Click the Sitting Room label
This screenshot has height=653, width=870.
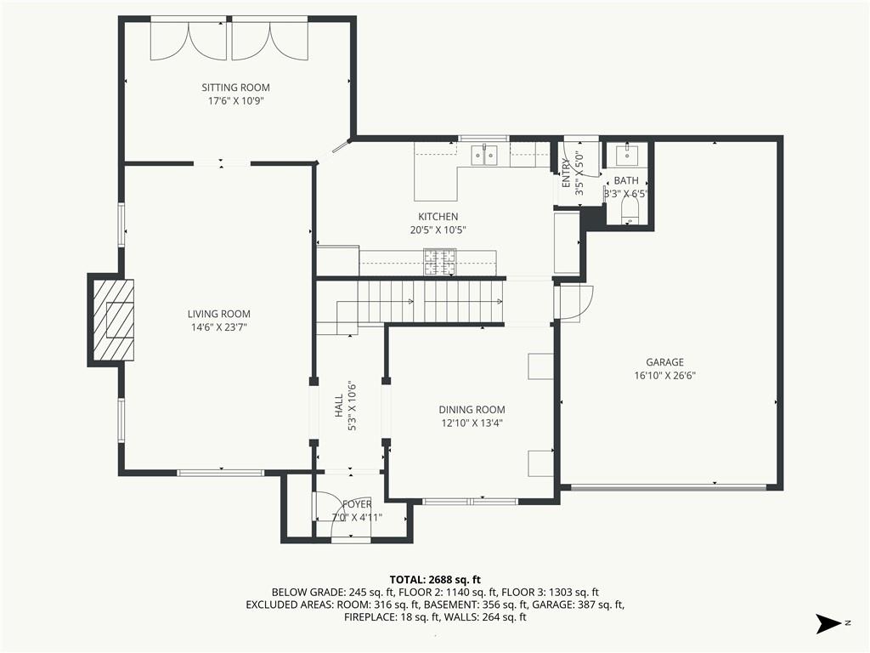236,88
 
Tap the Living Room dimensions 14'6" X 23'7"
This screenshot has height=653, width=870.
219,327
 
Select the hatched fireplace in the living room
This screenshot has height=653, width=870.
113,320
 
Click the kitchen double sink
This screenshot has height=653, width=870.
485,156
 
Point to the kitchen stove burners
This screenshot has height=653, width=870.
440,262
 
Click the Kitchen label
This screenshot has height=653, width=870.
438,217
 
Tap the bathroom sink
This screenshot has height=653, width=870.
627,155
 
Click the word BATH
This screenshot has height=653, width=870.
626,180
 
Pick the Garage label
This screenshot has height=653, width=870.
664,362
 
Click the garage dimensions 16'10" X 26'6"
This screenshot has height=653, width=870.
664,376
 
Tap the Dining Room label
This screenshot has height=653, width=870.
472,410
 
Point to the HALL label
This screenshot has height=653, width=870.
338,406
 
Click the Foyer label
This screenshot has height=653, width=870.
358,504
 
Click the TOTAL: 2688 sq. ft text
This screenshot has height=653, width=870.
435,580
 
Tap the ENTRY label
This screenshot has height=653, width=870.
566,173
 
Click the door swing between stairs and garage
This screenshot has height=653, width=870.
575,304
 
